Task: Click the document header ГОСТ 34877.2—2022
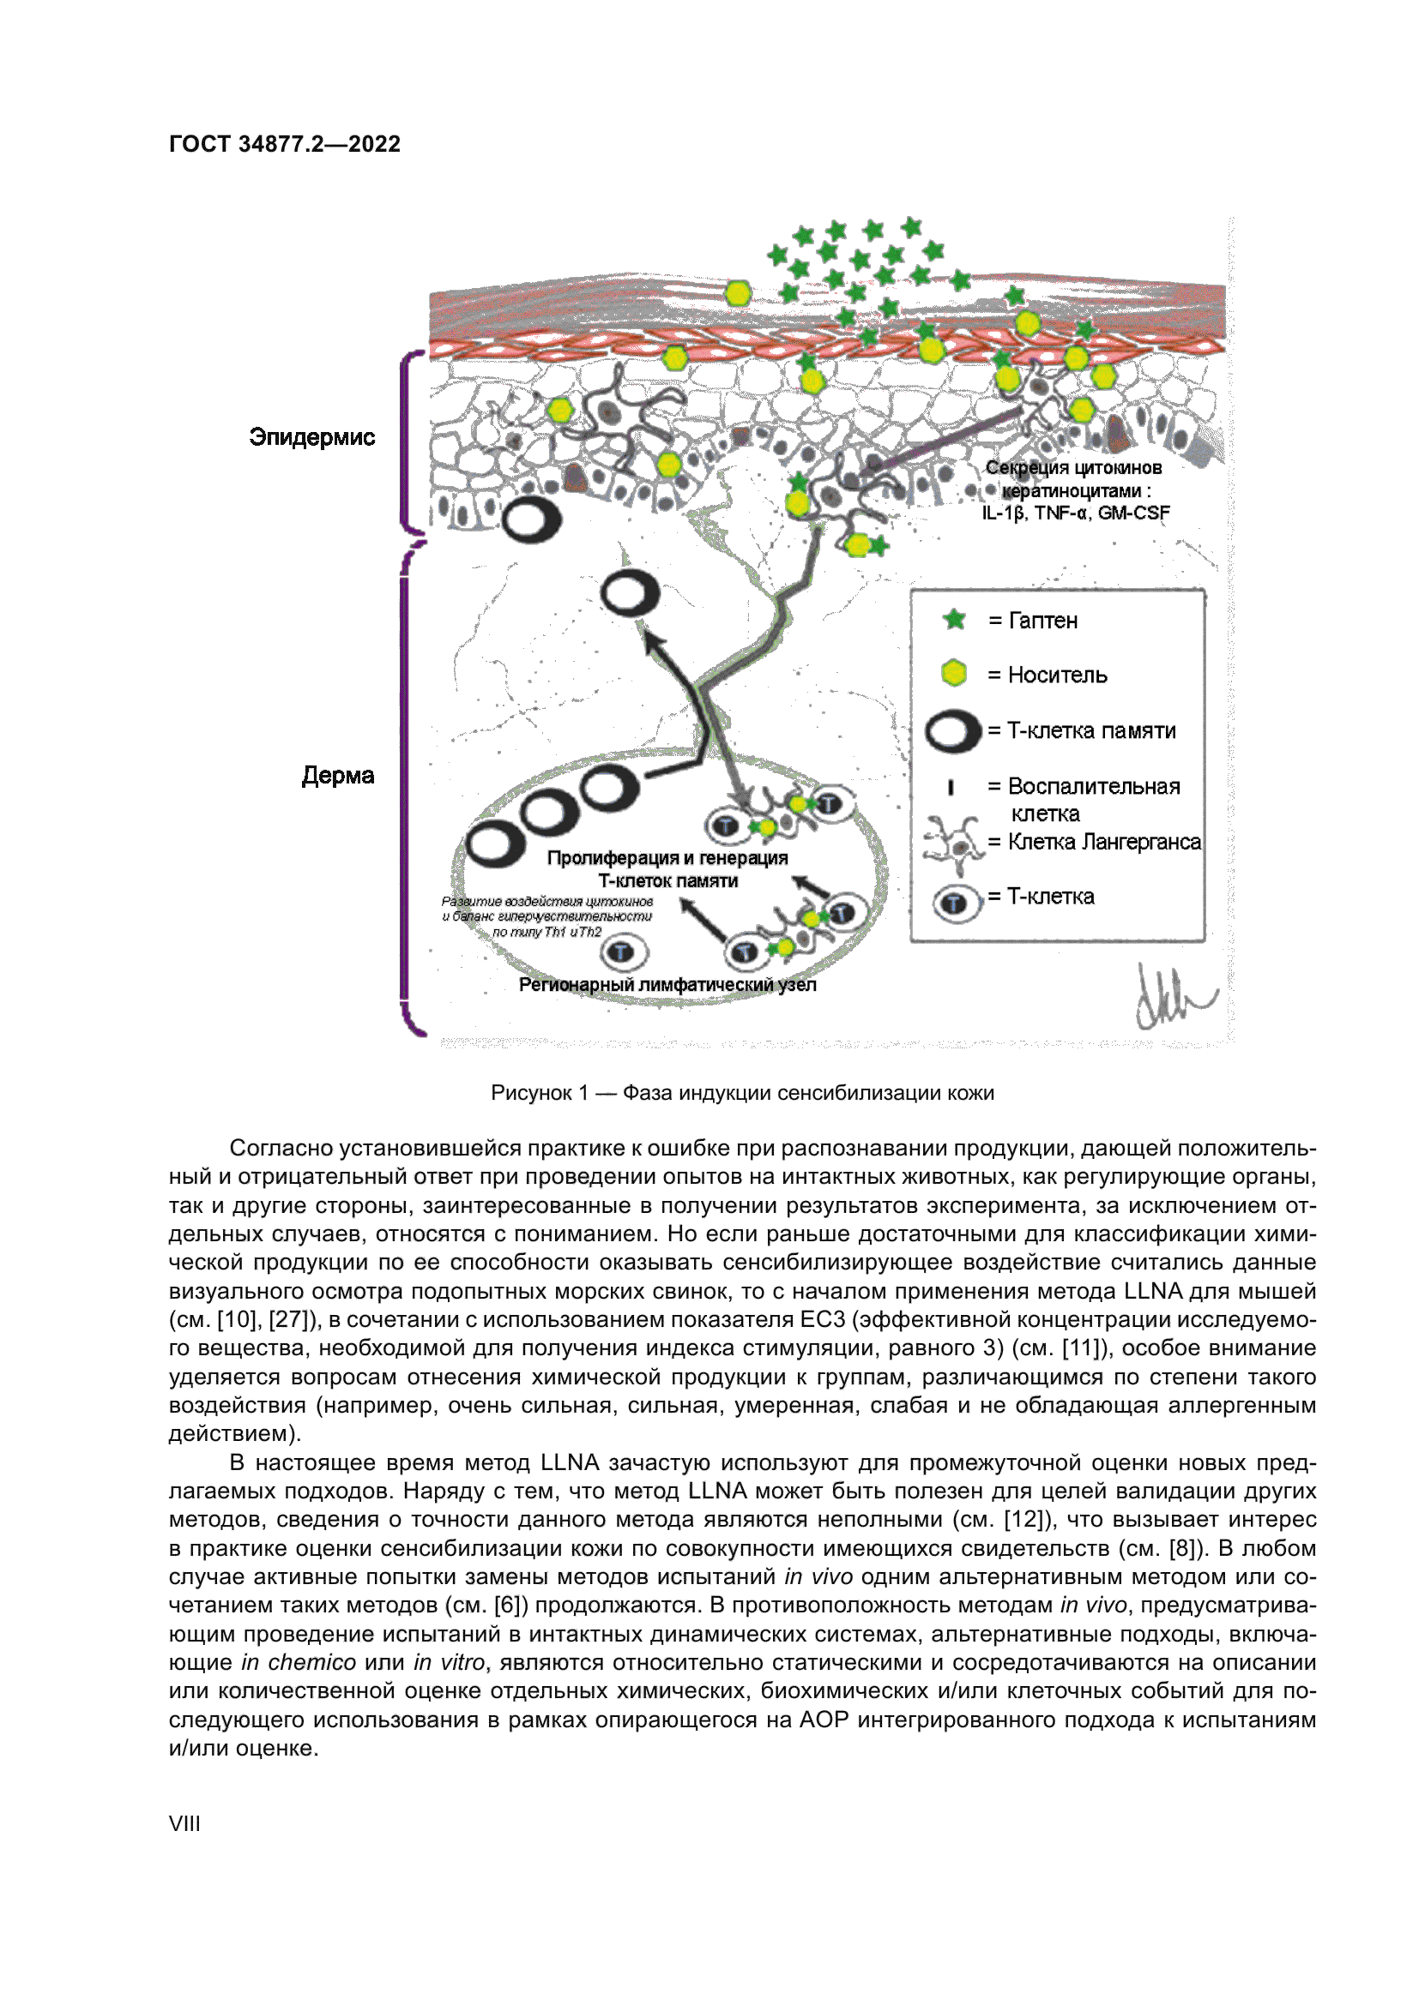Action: [x=284, y=144]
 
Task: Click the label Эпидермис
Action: [x=312, y=436]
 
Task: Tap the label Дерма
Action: [x=337, y=776]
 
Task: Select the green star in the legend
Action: [x=954, y=620]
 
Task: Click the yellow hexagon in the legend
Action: [x=954, y=673]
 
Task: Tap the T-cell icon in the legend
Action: [x=954, y=901]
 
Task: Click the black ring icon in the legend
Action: [x=952, y=731]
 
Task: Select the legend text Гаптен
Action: [x=1043, y=621]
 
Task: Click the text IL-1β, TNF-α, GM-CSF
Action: [x=1076, y=513]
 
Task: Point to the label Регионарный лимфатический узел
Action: [x=667, y=985]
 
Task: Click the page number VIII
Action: [x=184, y=1823]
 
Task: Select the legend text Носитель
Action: [x=1057, y=675]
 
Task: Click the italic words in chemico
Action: [x=298, y=1662]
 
